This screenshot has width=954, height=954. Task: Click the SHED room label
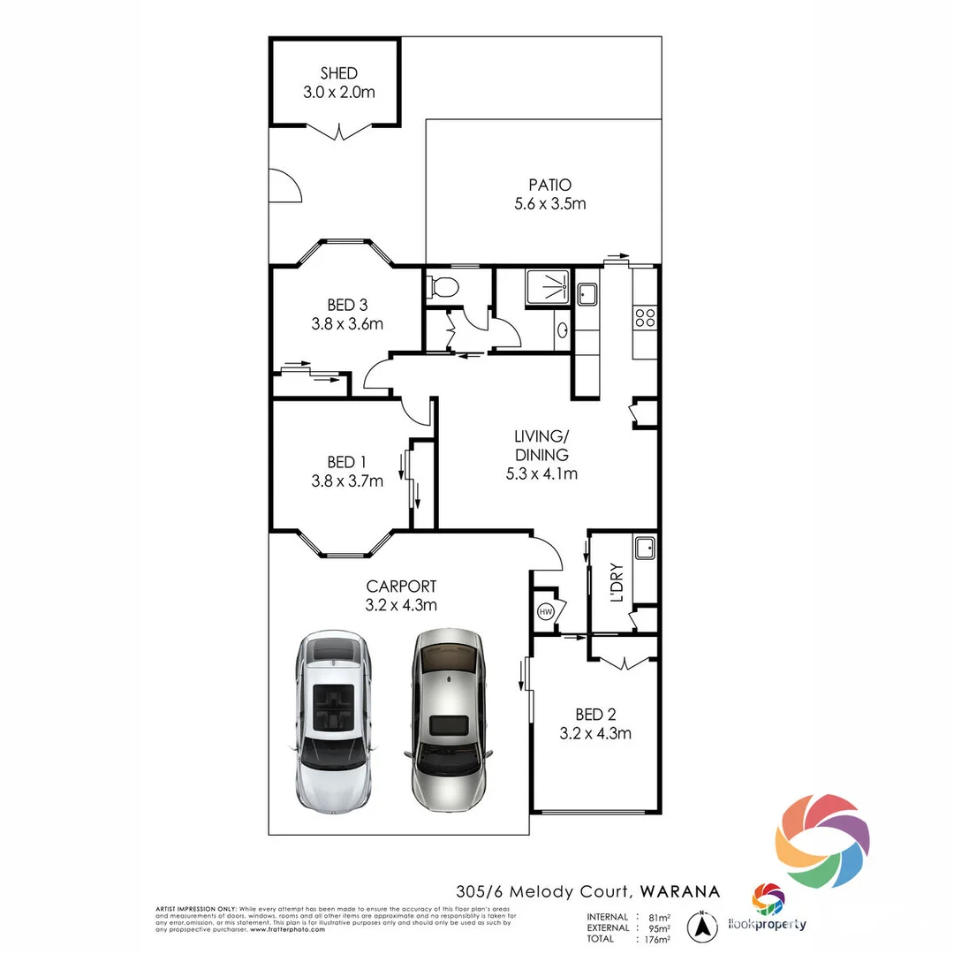339,74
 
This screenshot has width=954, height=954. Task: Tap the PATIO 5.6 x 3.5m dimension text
550,204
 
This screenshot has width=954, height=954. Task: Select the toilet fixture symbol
442,286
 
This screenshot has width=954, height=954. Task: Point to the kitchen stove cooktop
645,317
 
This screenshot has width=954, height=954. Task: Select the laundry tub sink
645,547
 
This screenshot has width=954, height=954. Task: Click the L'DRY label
617,583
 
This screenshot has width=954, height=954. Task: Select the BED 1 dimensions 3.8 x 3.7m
347,481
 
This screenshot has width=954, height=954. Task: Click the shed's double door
340,132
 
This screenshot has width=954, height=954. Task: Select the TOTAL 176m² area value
655,939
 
